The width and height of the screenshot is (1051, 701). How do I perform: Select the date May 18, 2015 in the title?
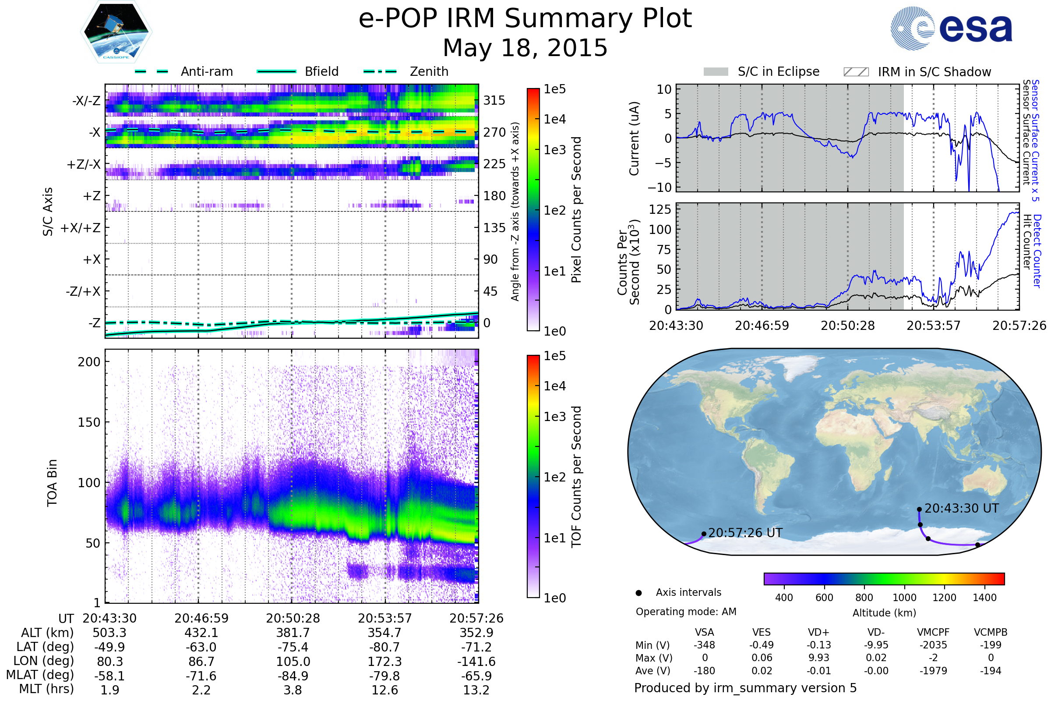coord(525,48)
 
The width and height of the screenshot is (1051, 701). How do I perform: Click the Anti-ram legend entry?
coord(206,71)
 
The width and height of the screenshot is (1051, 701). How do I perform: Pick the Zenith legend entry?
coord(429,71)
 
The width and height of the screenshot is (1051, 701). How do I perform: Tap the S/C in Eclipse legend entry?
coord(778,71)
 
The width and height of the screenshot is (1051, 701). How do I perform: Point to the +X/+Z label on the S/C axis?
coord(81,228)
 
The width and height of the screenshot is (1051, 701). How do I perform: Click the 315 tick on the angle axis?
coord(494,100)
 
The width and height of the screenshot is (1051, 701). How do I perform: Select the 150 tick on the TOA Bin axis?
coord(89,422)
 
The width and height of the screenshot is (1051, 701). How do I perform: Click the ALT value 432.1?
coord(201,633)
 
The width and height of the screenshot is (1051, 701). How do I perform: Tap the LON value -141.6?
coord(476,662)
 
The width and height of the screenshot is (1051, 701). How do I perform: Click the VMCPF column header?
coord(933,633)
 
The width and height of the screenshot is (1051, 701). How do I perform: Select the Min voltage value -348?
coord(704,645)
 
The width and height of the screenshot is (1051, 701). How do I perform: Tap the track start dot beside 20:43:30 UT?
coord(919,509)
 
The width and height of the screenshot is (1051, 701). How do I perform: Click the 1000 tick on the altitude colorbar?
coord(904,598)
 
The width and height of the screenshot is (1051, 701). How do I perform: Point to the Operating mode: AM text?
coord(686,612)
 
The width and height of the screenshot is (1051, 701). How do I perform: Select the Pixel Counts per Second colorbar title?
coord(576,210)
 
